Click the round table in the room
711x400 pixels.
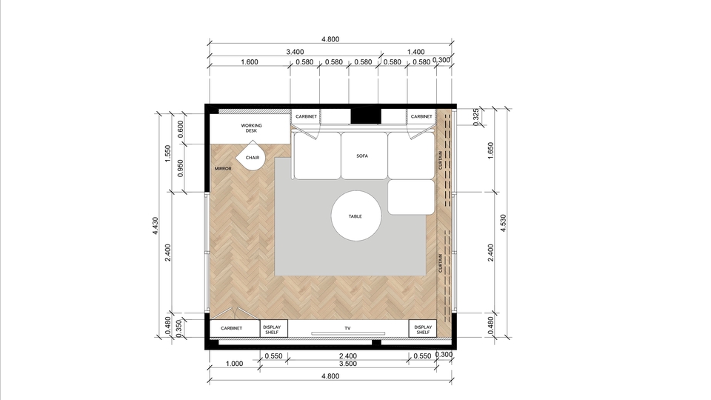click(356, 216)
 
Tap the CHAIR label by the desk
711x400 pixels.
click(253, 158)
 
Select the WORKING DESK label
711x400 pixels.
click(251, 128)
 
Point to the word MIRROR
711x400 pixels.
click(223, 169)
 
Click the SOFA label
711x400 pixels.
click(362, 156)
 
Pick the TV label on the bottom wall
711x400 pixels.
click(348, 328)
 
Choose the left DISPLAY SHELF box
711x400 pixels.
click(273, 329)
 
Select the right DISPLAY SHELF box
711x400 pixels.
click(423, 329)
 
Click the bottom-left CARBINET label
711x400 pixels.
click(231, 328)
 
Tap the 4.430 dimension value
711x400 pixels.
click(155, 226)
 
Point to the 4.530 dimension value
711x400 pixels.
click(503, 223)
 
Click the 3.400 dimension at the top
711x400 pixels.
click(295, 52)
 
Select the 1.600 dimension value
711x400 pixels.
click(250, 62)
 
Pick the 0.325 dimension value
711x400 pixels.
click(475, 118)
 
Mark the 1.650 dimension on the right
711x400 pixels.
click(490, 151)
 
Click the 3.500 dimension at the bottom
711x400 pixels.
click(348, 364)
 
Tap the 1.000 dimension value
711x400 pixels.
click(235, 364)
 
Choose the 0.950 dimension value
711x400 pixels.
click(181, 168)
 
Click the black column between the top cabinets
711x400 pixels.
click(365, 116)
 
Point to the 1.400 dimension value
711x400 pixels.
click(415, 52)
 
